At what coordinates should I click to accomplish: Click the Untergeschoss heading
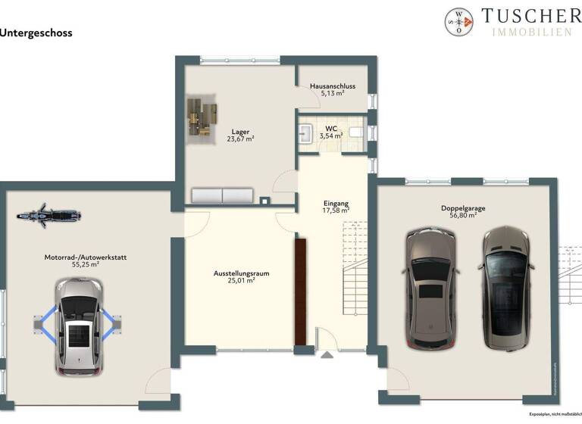pos(37,33)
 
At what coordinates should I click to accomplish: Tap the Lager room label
pos(241,132)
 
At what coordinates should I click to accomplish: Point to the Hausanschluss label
pos(332,87)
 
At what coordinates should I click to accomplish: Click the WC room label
pos(331,129)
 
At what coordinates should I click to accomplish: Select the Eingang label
pos(335,204)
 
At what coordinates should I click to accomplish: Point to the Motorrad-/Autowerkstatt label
pos(86,257)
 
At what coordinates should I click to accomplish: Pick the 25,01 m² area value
pos(241,280)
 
